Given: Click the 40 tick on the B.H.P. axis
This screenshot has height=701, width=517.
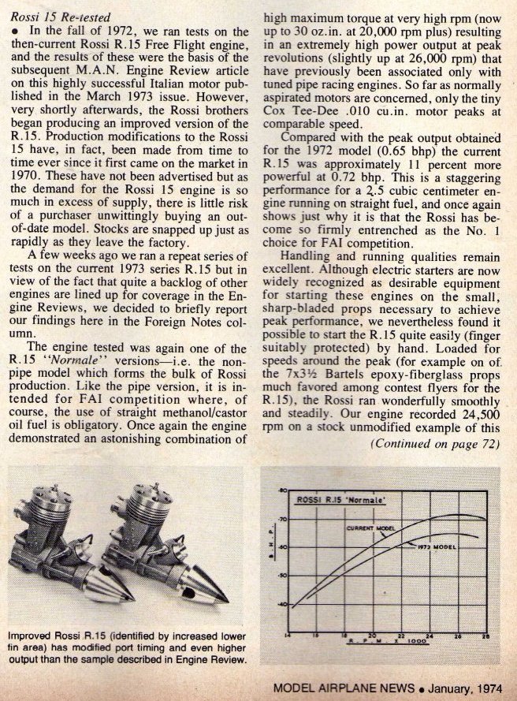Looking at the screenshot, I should (281, 604).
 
